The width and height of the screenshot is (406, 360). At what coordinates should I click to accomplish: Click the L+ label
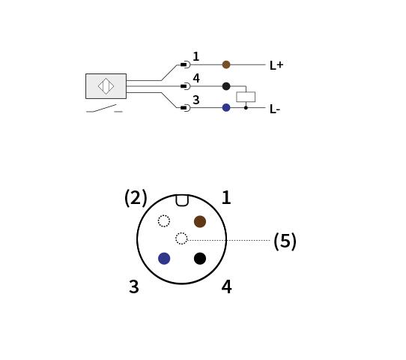[x=276, y=65]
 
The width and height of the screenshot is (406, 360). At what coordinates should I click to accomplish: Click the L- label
[x=275, y=109]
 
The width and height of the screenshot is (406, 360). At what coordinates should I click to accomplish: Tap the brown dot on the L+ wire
[x=226, y=64]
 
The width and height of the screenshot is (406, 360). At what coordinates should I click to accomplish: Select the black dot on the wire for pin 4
[x=226, y=86]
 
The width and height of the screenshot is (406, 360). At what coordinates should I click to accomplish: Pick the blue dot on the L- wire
[x=226, y=107]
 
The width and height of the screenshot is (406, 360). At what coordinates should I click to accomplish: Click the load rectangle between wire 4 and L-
[x=246, y=97]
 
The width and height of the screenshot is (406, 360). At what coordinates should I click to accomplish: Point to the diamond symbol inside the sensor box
[x=106, y=86]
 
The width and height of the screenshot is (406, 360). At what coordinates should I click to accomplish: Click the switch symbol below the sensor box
[x=104, y=109]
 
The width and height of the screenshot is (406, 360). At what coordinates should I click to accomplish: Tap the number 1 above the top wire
[x=196, y=56]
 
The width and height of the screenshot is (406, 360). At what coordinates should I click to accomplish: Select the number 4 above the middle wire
[x=196, y=78]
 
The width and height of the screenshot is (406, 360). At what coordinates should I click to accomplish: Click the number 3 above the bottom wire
[x=196, y=100]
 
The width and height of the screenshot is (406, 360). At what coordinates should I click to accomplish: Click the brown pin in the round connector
[x=200, y=221]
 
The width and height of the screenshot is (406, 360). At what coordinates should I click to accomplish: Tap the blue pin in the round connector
[x=164, y=259]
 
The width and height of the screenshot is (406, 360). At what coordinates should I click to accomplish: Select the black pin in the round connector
[x=200, y=259]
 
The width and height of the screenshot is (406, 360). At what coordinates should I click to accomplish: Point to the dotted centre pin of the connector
[x=181, y=238]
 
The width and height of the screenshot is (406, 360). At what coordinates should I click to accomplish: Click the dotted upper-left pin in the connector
[x=164, y=221]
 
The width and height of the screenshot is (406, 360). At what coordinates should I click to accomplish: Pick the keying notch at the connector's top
[x=182, y=200]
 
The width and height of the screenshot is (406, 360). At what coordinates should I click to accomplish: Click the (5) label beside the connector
[x=285, y=241]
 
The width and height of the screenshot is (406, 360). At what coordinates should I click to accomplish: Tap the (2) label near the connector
[x=136, y=198]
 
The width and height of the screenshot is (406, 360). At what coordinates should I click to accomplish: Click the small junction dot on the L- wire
[x=246, y=107]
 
